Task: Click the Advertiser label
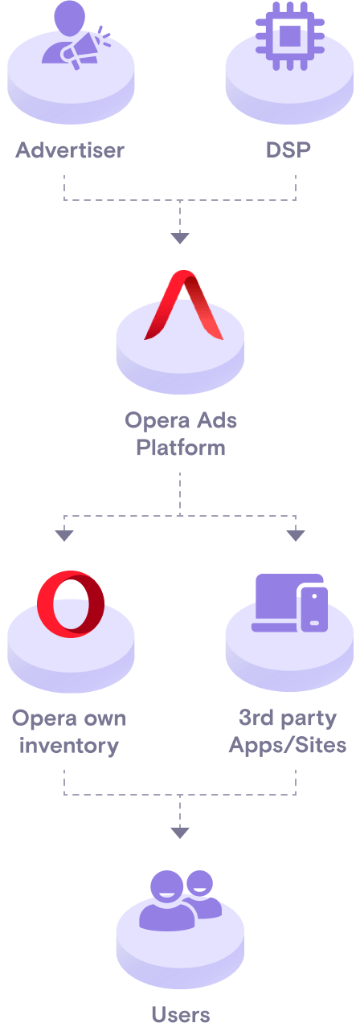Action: [x=71, y=150]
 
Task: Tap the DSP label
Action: [x=288, y=150]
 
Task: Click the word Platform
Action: [x=180, y=447]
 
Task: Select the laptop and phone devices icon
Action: [x=289, y=604]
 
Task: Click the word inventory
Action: [x=69, y=745]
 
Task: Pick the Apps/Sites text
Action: [x=288, y=745]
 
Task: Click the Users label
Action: [x=180, y=1014]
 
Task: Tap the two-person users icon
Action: [x=180, y=899]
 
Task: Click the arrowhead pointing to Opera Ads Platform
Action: [x=180, y=238]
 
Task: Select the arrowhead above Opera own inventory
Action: [x=64, y=535]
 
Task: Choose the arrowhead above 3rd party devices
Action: [x=296, y=535]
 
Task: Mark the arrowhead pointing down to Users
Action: [x=180, y=833]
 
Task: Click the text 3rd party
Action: [x=288, y=717]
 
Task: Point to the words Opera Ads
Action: [x=180, y=419]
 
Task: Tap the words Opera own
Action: [x=69, y=717]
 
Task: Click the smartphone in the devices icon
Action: [x=313, y=608]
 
